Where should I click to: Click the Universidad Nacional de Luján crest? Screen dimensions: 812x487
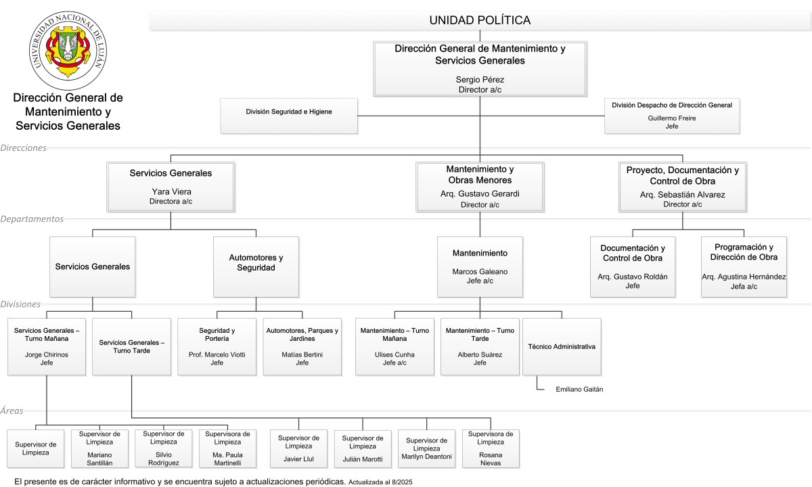pos(68,50)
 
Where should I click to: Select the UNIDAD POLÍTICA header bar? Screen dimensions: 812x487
pos(480,20)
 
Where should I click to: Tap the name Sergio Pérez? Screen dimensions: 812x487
pos(480,79)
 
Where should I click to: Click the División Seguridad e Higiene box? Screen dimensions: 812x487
pos(289,116)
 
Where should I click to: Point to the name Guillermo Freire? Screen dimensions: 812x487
pos(672,118)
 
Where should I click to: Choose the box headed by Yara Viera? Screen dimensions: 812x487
pos(171,187)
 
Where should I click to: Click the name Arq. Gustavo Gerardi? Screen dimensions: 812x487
pos(480,194)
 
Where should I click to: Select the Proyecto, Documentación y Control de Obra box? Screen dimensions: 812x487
pos(683,187)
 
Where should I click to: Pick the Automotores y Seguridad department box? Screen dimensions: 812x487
pos(256,267)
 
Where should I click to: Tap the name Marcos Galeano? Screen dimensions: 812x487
pos(480,271)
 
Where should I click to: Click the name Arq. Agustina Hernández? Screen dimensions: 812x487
pos(744,277)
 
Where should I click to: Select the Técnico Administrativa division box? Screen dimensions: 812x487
pos(562,347)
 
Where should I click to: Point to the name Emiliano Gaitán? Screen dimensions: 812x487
pos(579,390)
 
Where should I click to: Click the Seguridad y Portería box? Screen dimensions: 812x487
pos(217,347)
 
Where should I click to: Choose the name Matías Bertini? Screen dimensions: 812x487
pos(302,354)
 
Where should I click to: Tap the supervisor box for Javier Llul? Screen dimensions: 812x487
pos(298,449)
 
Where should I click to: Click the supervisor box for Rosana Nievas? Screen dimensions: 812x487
pos(491,449)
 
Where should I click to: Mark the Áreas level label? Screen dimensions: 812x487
pos(12,411)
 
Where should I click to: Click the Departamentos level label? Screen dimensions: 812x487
pos(32,219)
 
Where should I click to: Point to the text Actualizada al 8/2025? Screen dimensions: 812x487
pos(380,482)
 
